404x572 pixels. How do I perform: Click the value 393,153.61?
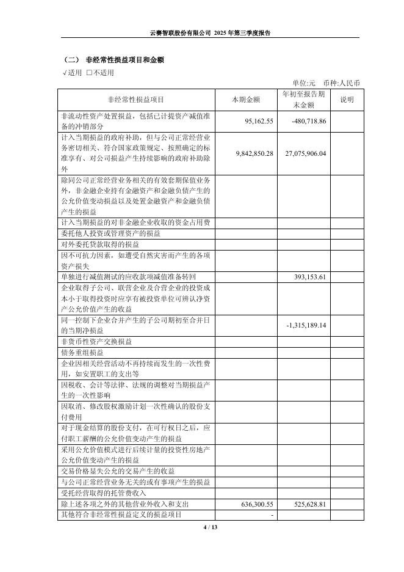pos(309,277)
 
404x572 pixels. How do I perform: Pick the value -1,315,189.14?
pos(306,325)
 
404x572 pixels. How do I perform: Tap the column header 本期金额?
pos(247,100)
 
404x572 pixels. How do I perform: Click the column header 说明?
pos(347,100)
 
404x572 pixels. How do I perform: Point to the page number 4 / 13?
pos(201,527)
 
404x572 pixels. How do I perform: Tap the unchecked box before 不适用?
pos(90,73)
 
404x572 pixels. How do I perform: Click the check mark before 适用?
pos(65,73)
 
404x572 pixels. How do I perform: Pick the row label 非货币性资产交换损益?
pos(95,341)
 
